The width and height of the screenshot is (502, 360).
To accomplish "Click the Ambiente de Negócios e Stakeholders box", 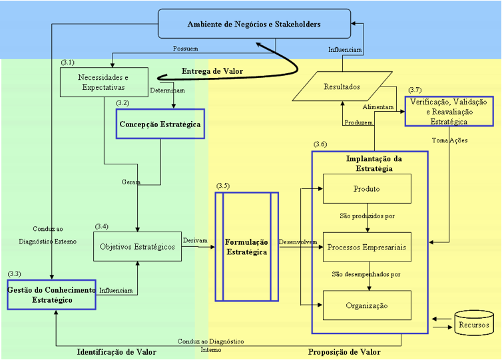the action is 254,24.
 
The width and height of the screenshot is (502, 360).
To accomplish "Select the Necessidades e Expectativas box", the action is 104,83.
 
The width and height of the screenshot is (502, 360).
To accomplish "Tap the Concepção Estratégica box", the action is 160,124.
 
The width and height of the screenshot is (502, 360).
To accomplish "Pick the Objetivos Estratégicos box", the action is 137,246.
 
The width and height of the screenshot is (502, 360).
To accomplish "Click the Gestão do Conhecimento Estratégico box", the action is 51,295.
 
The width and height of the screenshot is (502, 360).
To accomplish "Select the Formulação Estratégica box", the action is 247,247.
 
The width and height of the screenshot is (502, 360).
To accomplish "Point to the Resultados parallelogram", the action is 342,87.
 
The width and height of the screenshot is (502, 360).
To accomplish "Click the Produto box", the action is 367,189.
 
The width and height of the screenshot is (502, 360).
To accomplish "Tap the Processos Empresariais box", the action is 367,247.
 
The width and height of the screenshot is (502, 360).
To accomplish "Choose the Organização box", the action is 367,305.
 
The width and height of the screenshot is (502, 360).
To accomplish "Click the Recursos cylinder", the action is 474,323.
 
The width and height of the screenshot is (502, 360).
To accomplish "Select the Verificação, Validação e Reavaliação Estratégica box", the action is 449,111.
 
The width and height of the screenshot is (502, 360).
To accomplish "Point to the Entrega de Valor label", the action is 212,71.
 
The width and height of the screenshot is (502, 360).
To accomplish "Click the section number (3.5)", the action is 223,186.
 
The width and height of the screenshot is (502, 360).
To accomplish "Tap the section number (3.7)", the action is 415,90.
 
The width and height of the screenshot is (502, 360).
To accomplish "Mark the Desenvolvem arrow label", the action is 298,242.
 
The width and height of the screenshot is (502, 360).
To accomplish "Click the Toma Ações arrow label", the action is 449,140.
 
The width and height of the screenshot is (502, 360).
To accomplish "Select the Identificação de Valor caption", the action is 117,352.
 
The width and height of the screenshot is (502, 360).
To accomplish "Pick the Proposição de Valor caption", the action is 344,352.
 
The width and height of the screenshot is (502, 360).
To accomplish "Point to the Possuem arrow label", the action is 185,49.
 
